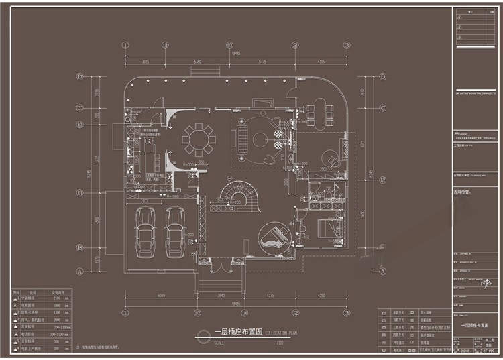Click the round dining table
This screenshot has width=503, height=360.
tap(198, 139)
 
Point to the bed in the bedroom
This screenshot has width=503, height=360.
tap(329, 226)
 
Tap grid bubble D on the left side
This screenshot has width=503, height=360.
tap(80, 77)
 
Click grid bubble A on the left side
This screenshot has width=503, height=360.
tap(80, 272)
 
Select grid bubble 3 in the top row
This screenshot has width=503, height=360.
tap(347, 46)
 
